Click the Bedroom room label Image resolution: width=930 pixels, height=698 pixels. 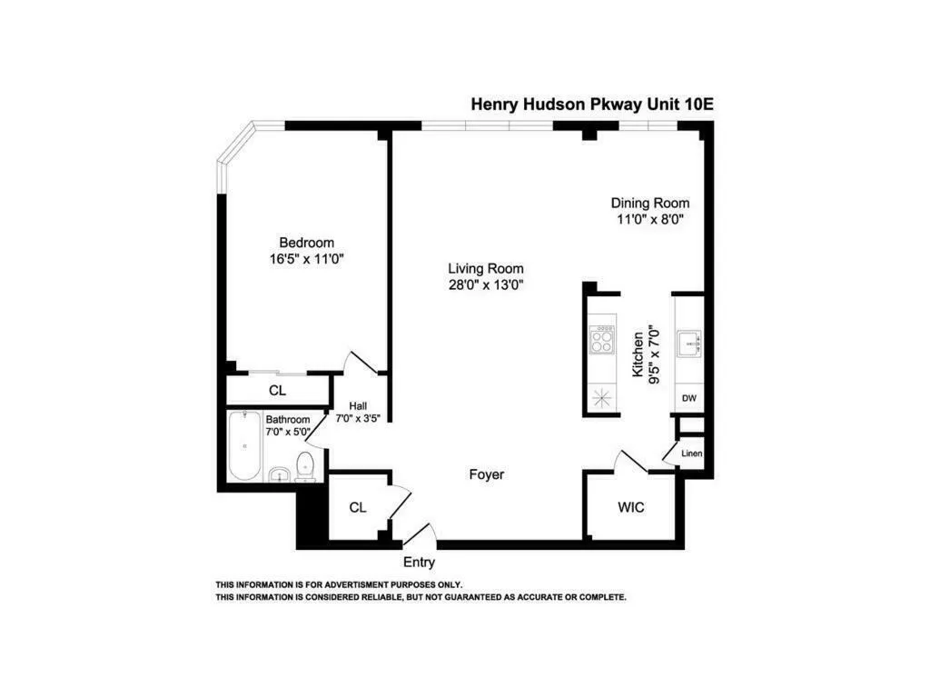click(306, 243)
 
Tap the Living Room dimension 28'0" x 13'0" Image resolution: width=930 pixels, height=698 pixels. click(485, 284)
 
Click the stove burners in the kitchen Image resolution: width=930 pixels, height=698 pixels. click(601, 341)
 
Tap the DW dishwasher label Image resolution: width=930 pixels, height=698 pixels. click(689, 398)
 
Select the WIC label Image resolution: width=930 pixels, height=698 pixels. click(630, 507)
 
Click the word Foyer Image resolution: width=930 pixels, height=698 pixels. click(486, 474)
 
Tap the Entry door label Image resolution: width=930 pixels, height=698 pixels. click(419, 563)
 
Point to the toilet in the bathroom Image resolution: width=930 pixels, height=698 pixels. click(306, 467)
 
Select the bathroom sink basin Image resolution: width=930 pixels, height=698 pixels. click(280, 474)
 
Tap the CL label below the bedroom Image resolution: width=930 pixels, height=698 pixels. click(277, 391)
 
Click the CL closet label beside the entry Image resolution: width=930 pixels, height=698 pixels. click(358, 507)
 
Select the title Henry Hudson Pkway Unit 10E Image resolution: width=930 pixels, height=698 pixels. click(592, 104)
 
